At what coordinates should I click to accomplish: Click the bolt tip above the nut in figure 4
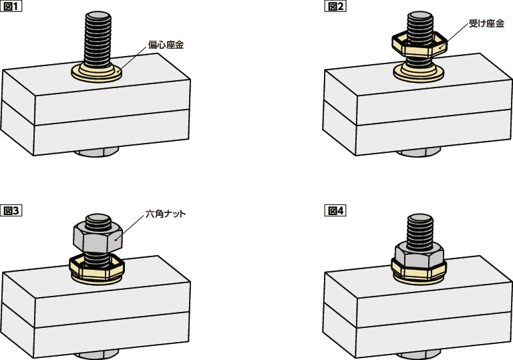[x=419, y=220]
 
